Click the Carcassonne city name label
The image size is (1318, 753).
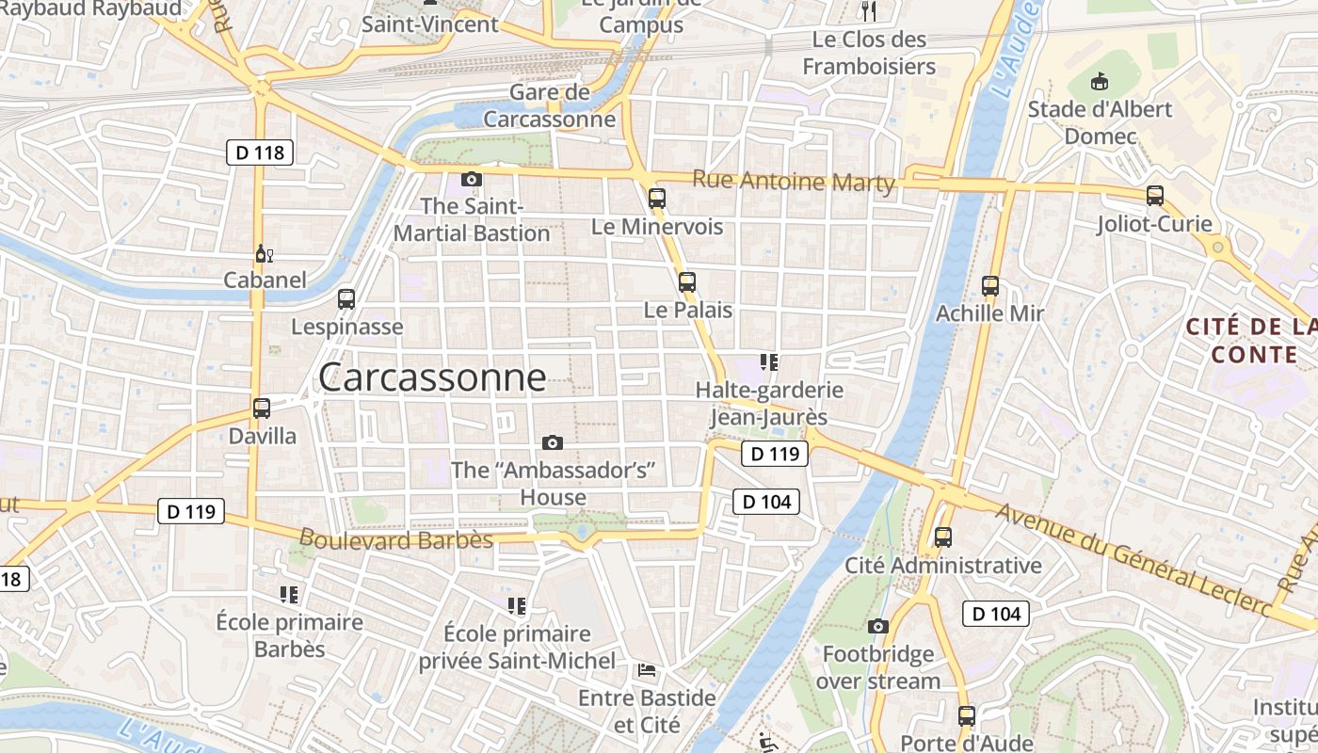point(432,377)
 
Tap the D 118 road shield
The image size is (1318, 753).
point(260,152)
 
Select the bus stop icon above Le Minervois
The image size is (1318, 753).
point(657,199)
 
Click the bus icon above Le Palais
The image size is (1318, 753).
point(686,281)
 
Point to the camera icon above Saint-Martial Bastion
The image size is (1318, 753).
point(472,179)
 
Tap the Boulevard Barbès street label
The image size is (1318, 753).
point(395,539)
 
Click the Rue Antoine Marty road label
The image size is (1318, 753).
point(793,181)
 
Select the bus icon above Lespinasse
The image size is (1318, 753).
point(346,299)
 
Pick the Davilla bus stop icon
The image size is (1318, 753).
point(262,409)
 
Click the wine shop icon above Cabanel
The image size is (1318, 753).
point(265,253)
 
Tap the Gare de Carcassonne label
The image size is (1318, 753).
point(550,105)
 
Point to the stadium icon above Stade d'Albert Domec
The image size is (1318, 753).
point(1099,82)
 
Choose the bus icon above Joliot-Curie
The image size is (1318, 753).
point(1155,196)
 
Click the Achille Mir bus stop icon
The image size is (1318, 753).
point(989,285)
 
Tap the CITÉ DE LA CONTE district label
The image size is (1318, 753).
point(1252,341)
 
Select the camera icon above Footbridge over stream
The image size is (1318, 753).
point(877,626)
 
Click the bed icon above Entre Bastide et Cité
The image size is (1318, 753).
point(647,670)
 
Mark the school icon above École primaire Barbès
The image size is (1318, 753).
point(289,594)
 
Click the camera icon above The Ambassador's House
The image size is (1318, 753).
point(553,442)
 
